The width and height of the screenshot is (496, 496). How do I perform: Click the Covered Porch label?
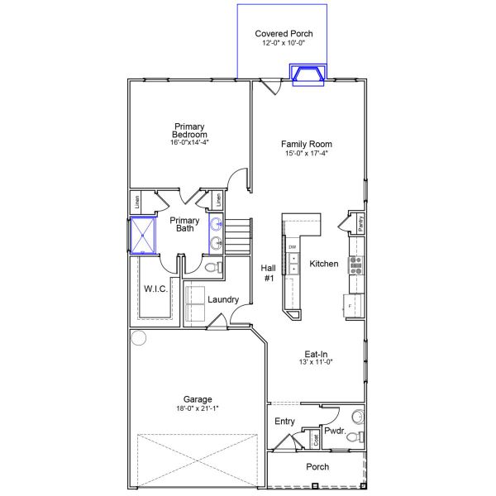tap(284, 33)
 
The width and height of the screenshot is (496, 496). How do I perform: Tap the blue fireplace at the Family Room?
tap(309, 74)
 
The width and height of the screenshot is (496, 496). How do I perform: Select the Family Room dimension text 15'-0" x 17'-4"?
tap(306, 153)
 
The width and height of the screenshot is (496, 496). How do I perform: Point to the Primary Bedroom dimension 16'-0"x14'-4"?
tap(190, 142)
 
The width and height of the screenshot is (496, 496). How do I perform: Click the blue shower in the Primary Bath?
tap(145, 235)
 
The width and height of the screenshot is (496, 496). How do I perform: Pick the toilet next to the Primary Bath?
tap(212, 267)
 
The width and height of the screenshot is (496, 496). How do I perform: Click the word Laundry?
tap(223, 299)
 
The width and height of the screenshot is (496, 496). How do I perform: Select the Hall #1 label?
tap(269, 274)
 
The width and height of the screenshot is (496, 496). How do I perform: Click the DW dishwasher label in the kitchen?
tap(293, 247)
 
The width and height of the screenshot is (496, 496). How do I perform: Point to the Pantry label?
tap(360, 222)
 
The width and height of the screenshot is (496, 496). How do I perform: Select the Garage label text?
tap(197, 398)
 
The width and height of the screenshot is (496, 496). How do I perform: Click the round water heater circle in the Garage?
tap(137, 337)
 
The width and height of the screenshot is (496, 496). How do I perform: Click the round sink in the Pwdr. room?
tap(358, 416)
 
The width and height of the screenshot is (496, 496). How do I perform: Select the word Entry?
tap(284, 422)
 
